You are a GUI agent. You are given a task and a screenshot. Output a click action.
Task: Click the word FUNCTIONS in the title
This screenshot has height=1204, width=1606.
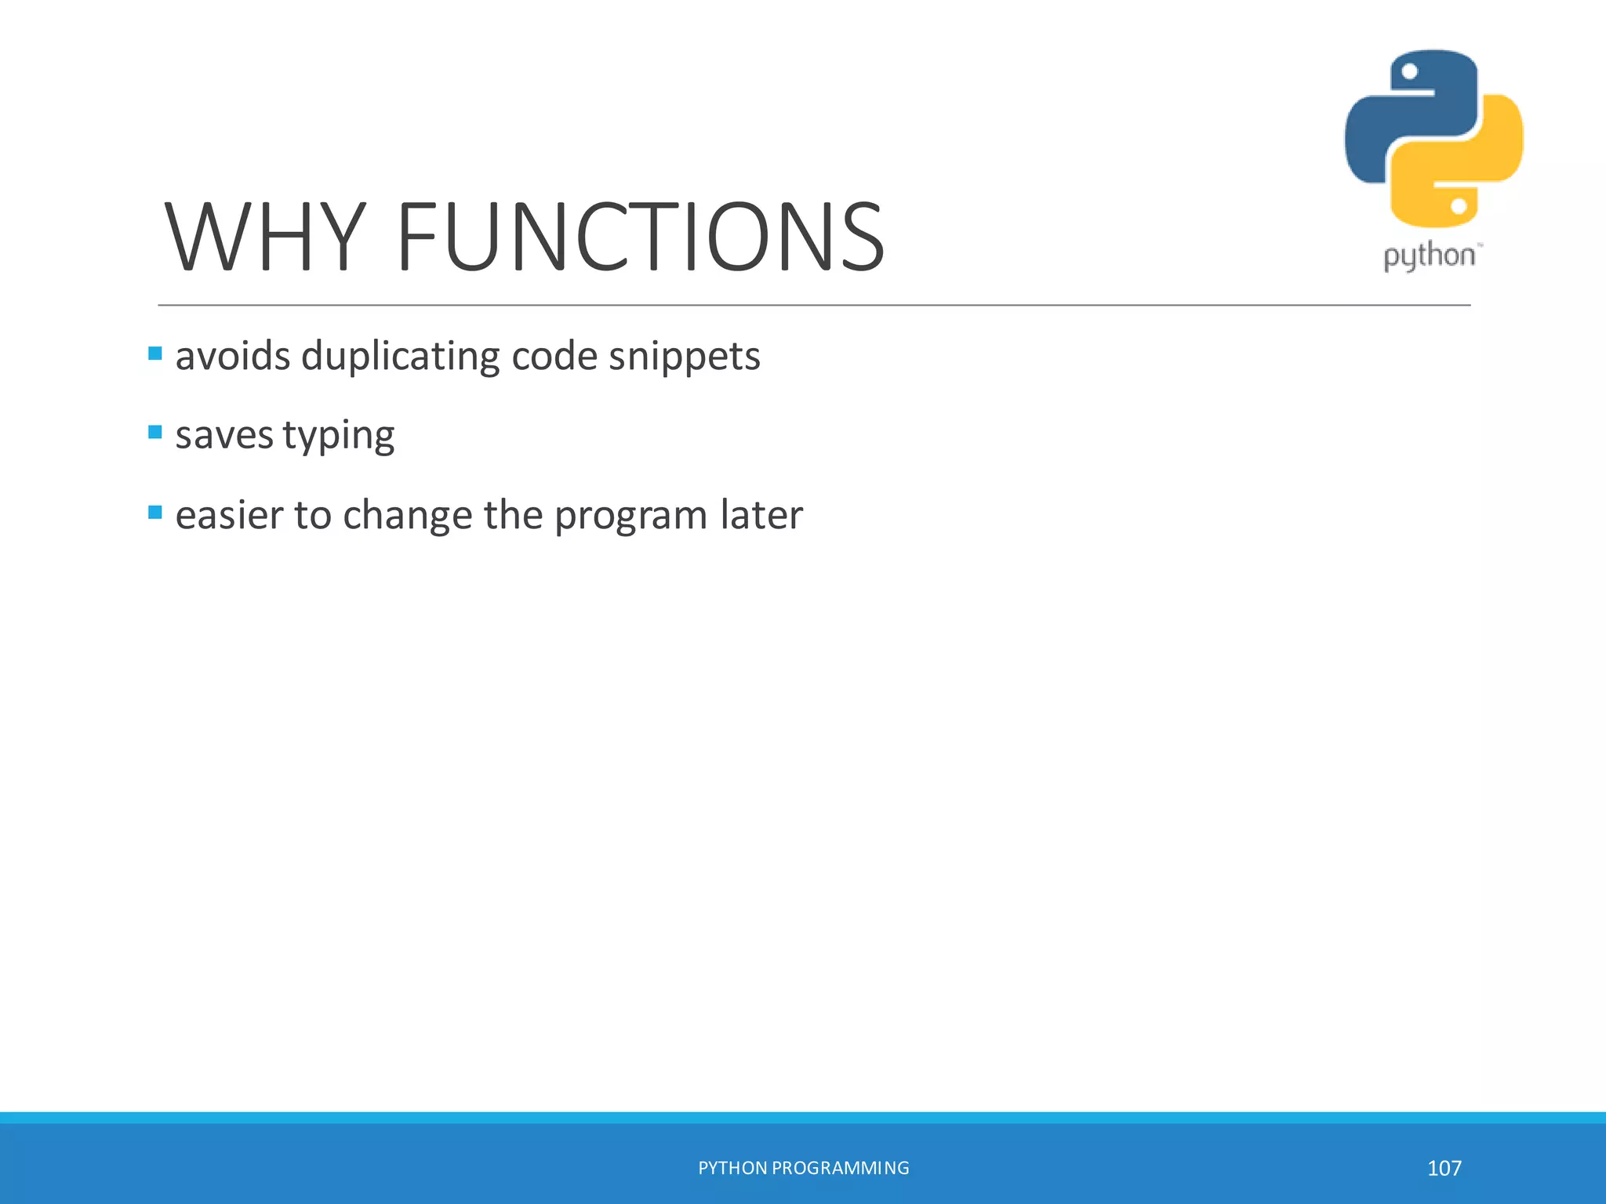click(x=641, y=237)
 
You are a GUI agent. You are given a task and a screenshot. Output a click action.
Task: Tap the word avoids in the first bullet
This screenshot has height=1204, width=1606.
click(x=233, y=357)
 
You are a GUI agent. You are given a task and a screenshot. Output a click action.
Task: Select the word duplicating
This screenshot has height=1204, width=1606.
click(x=400, y=357)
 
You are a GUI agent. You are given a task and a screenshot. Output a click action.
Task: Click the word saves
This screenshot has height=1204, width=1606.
click(x=223, y=436)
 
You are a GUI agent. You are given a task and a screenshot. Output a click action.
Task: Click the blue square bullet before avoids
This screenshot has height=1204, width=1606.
click(x=155, y=354)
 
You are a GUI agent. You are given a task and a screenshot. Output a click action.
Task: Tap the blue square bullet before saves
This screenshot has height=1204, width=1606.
click(x=155, y=432)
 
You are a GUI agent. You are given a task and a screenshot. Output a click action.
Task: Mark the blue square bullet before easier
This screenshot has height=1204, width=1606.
click(x=155, y=513)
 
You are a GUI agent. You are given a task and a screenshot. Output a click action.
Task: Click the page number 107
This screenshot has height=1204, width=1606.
click(x=1444, y=1169)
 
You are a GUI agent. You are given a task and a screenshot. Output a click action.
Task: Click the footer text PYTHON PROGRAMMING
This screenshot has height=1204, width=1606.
click(x=803, y=1168)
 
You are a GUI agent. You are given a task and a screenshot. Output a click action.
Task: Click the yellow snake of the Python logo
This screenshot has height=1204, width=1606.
click(x=1482, y=157)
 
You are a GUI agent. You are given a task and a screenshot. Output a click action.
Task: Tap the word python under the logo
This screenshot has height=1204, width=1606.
click(x=1429, y=257)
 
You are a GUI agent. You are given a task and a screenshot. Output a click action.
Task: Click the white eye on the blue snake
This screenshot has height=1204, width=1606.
click(x=1409, y=72)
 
